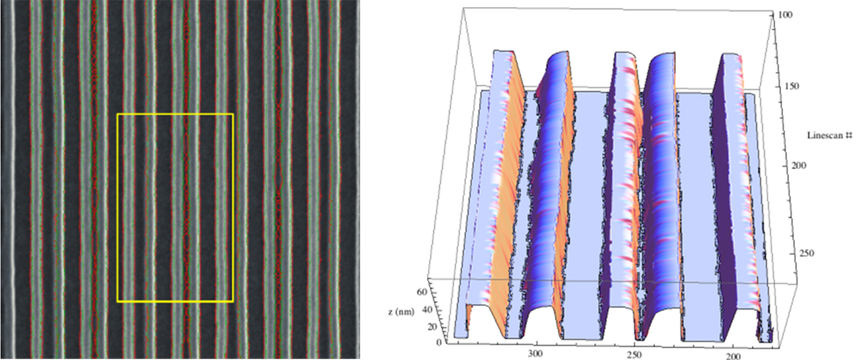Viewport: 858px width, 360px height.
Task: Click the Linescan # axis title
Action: point(831,135)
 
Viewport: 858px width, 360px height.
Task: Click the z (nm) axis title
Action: point(402,311)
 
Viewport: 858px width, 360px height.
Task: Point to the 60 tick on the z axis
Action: point(422,292)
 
